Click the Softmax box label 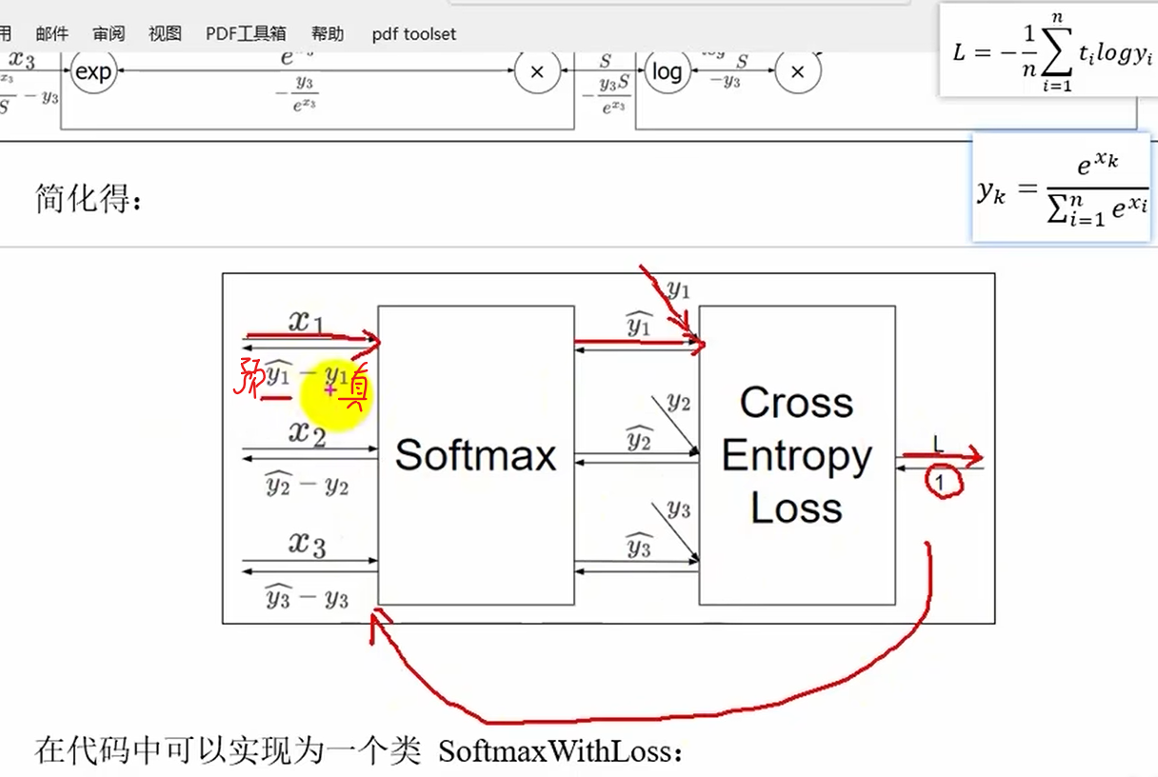click(x=475, y=454)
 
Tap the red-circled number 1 click(x=940, y=483)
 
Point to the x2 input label click(x=308, y=434)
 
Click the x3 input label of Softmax click(x=308, y=545)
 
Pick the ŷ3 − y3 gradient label click(x=307, y=598)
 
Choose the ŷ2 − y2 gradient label click(x=307, y=487)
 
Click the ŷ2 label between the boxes click(x=638, y=441)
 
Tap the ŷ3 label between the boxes click(x=638, y=548)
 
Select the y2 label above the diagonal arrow click(x=678, y=403)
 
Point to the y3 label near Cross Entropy click(x=678, y=509)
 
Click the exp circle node click(x=93, y=71)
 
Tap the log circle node click(x=667, y=71)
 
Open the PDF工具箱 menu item click(x=246, y=33)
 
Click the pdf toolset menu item click(x=413, y=34)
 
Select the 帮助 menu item click(x=328, y=33)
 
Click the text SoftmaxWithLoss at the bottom click(x=561, y=752)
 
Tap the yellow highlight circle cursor click(x=333, y=393)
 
